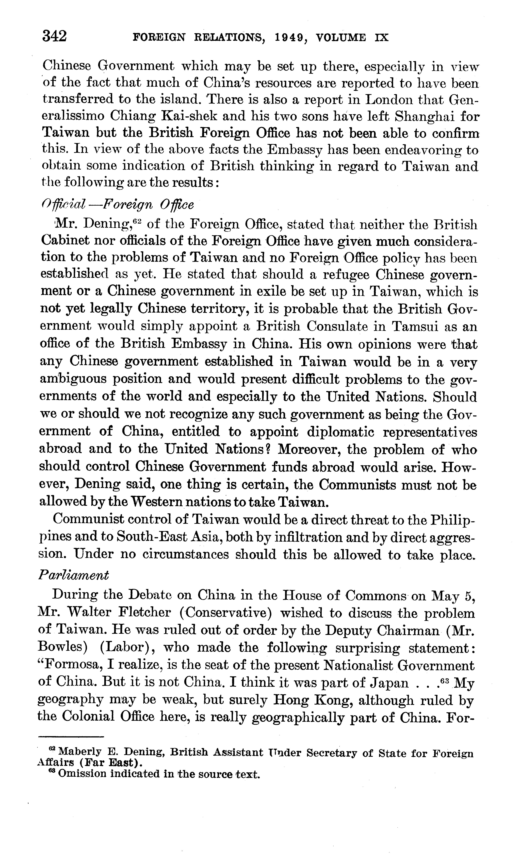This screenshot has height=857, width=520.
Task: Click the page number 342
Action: (x=54, y=36)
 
